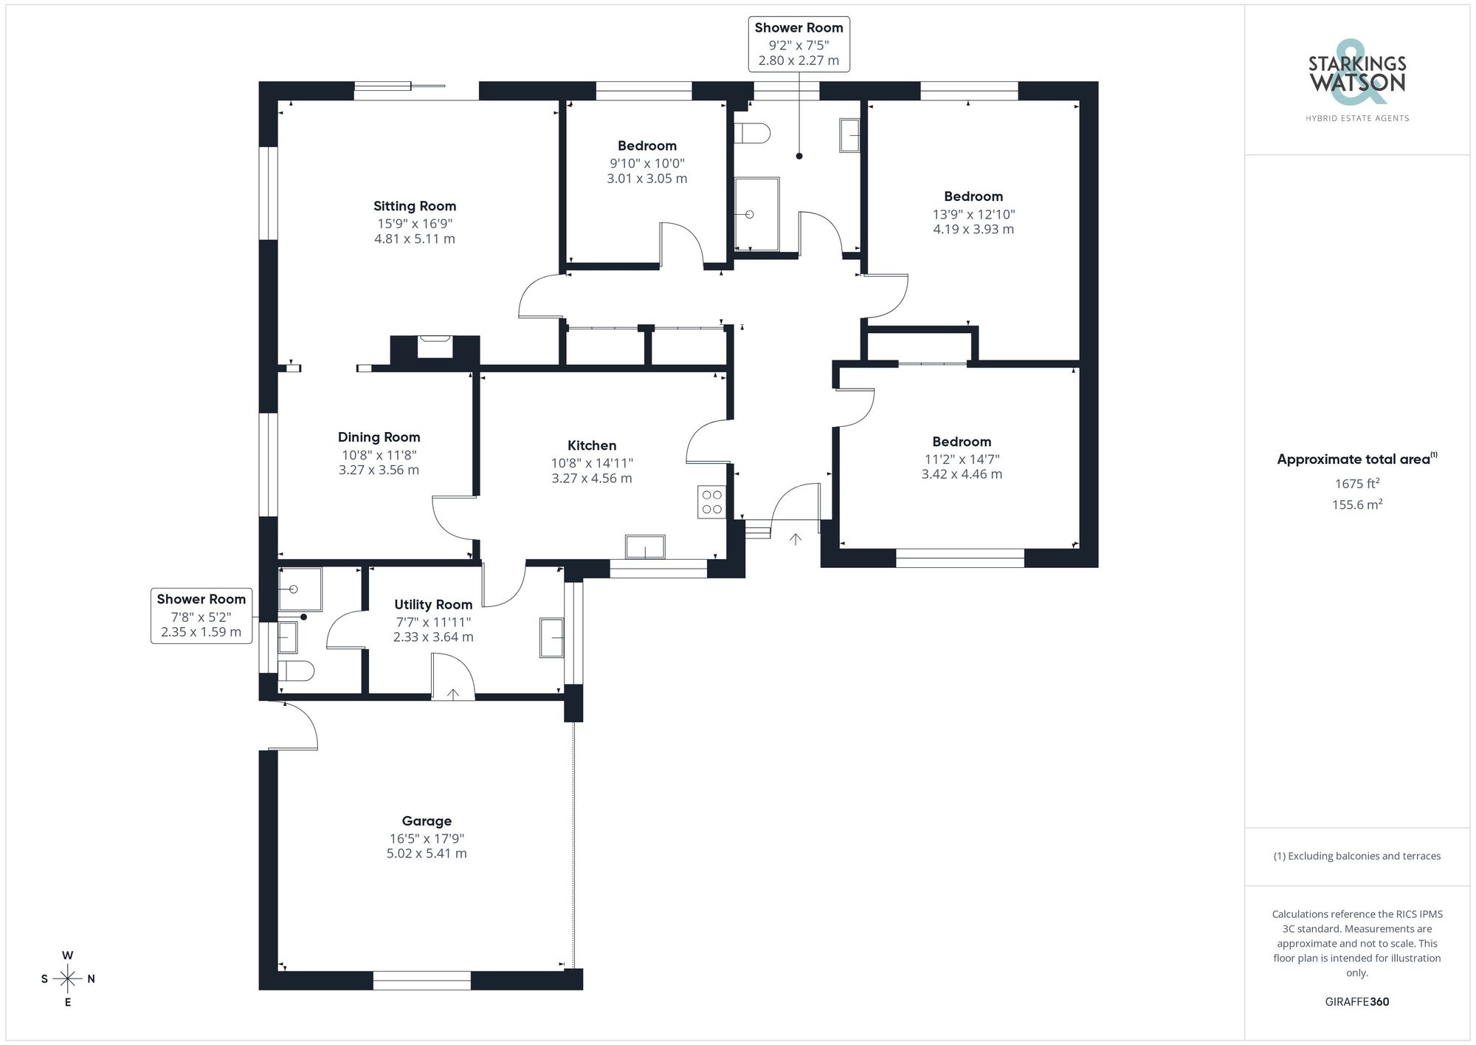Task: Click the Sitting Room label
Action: point(414,206)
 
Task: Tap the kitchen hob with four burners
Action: point(711,502)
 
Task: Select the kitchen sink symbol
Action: point(645,547)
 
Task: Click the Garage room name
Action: point(427,820)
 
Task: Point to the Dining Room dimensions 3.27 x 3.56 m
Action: point(379,470)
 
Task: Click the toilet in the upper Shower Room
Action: point(753,134)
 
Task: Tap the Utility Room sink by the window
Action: point(551,637)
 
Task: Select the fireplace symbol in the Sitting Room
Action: point(435,346)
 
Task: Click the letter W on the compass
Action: point(67,955)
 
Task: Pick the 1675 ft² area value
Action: point(1356,484)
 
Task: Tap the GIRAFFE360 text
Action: point(1356,1001)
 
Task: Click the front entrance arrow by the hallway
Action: point(795,539)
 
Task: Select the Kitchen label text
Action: point(591,445)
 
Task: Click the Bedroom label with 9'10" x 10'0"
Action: point(646,145)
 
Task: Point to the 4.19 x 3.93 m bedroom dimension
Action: point(973,229)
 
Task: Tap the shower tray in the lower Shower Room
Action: point(300,589)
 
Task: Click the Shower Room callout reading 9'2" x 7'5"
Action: point(799,44)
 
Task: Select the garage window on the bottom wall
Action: point(421,980)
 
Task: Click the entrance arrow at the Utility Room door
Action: point(452,693)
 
